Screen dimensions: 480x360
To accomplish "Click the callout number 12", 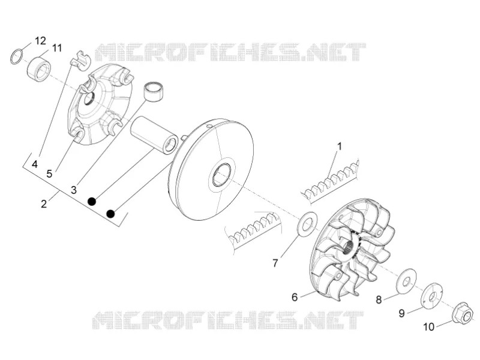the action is [x=40, y=40].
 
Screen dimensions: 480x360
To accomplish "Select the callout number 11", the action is [x=56, y=48].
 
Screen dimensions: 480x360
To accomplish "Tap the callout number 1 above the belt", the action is [x=339, y=146].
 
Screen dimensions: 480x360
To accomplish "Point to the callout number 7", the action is [x=275, y=263].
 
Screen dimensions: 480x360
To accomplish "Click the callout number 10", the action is [x=428, y=327].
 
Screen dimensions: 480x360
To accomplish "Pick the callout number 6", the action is [x=295, y=297].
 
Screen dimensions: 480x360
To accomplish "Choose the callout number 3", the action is [x=73, y=190].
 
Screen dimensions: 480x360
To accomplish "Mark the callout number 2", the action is [x=44, y=203].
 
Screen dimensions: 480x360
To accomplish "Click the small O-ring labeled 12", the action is [x=17, y=56].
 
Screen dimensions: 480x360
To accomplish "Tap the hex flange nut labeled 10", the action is [x=462, y=313].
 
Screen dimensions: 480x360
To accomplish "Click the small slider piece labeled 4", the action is [x=80, y=60].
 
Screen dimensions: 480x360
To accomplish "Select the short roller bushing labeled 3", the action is [x=154, y=91].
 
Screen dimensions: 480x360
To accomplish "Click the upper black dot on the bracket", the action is [x=92, y=202].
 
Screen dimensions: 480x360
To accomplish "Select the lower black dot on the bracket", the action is [x=110, y=214].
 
